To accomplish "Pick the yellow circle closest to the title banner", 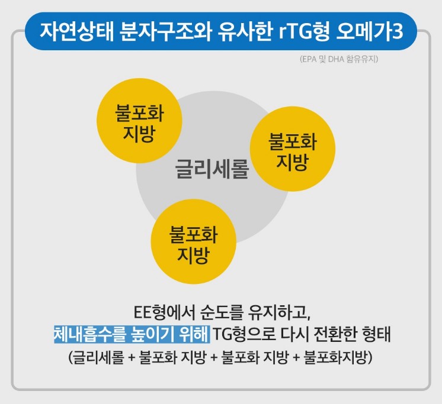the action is (139, 115).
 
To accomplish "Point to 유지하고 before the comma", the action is (281, 312).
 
